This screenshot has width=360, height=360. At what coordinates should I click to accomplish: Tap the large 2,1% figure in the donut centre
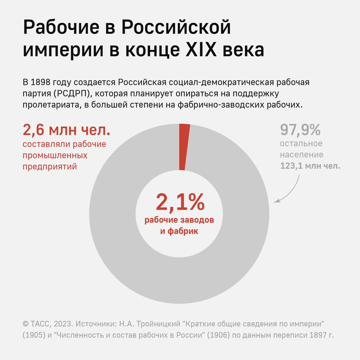[x=180, y=202]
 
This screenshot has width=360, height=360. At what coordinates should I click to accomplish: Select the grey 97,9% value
[x=300, y=130]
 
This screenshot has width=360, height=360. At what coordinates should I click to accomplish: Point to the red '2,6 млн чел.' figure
[x=66, y=130]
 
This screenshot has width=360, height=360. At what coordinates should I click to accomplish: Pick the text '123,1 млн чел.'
[x=310, y=166]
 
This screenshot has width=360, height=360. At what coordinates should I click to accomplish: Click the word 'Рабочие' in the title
[x=61, y=28]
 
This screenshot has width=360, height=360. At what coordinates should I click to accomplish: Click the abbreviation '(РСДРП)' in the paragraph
[x=72, y=93]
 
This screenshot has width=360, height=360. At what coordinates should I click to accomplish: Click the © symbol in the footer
[x=26, y=324]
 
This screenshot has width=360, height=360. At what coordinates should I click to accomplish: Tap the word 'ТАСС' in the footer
[x=40, y=324]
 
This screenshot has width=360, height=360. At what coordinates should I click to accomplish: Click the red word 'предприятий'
[x=50, y=166]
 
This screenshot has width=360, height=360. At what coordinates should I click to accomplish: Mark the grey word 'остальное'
[x=301, y=143]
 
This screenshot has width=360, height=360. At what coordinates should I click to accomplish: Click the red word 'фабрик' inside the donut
[x=183, y=231]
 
